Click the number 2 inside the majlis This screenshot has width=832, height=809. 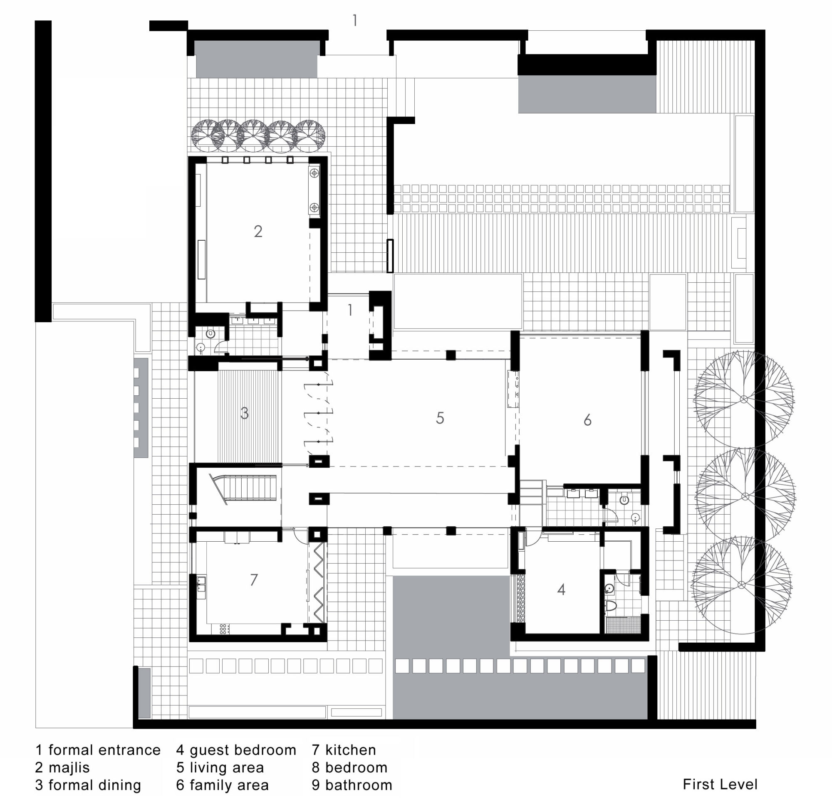pyautogui.click(x=258, y=232)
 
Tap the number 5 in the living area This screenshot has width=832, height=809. pyautogui.click(x=440, y=418)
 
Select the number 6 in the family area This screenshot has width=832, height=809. pyautogui.click(x=587, y=420)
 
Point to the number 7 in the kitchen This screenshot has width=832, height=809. pyautogui.click(x=254, y=580)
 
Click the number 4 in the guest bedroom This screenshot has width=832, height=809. pyautogui.click(x=561, y=589)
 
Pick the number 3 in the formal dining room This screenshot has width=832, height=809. pyautogui.click(x=245, y=413)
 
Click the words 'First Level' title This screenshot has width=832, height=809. pyautogui.click(x=720, y=784)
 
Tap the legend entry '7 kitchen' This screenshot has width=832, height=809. pyautogui.click(x=344, y=750)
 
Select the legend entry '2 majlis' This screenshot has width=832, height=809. pyautogui.click(x=62, y=767)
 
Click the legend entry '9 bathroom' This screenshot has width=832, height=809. pyautogui.click(x=352, y=785)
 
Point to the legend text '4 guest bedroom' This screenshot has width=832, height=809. pyautogui.click(x=236, y=750)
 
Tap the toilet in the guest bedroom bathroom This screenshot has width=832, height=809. pyautogui.click(x=611, y=605)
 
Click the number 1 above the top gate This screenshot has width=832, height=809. pyautogui.click(x=355, y=20)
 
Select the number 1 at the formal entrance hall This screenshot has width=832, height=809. pyautogui.click(x=350, y=310)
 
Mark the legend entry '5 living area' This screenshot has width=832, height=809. pyautogui.click(x=220, y=767)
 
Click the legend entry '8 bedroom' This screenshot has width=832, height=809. pyautogui.click(x=350, y=767)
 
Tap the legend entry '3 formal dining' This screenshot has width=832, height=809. pyautogui.click(x=88, y=785)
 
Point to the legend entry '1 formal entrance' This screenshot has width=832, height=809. pyautogui.click(x=98, y=750)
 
